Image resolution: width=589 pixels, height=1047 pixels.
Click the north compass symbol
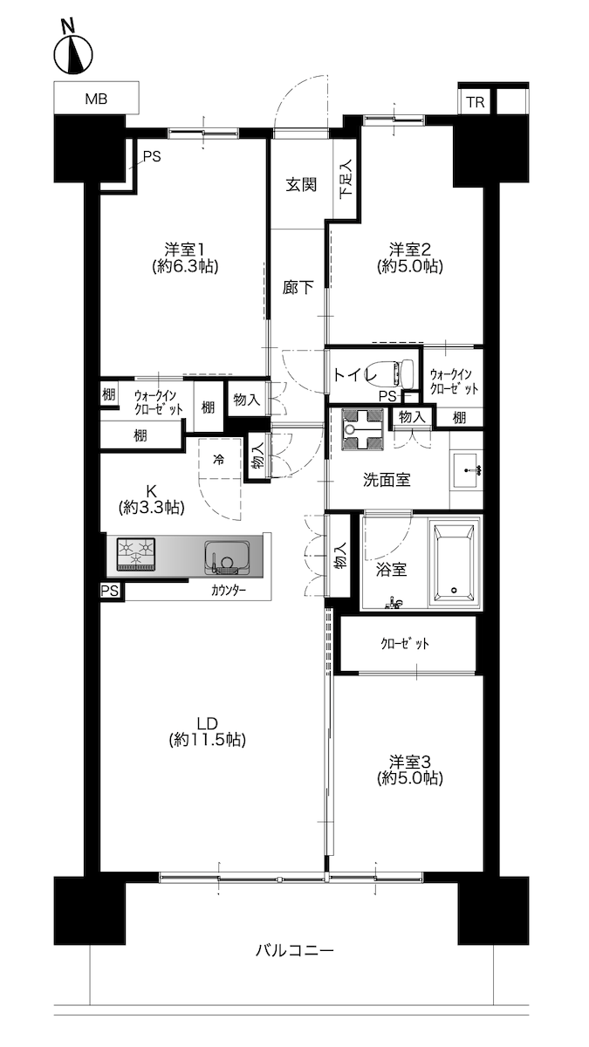(73, 51)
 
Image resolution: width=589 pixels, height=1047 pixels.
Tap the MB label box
(96, 98)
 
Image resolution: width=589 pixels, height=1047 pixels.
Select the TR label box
(476, 101)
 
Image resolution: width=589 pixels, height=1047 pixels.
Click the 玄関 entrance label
(302, 185)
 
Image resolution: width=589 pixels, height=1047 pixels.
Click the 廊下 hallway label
(298, 287)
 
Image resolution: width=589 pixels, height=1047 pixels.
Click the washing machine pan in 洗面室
(363, 430)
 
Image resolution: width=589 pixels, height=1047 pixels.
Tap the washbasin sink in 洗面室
(467, 469)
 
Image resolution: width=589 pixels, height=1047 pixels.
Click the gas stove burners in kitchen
(135, 554)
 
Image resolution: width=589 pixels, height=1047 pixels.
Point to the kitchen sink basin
(227, 558)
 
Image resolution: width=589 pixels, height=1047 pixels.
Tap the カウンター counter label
(229, 591)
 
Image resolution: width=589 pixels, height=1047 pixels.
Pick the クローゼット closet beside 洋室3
(408, 644)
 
